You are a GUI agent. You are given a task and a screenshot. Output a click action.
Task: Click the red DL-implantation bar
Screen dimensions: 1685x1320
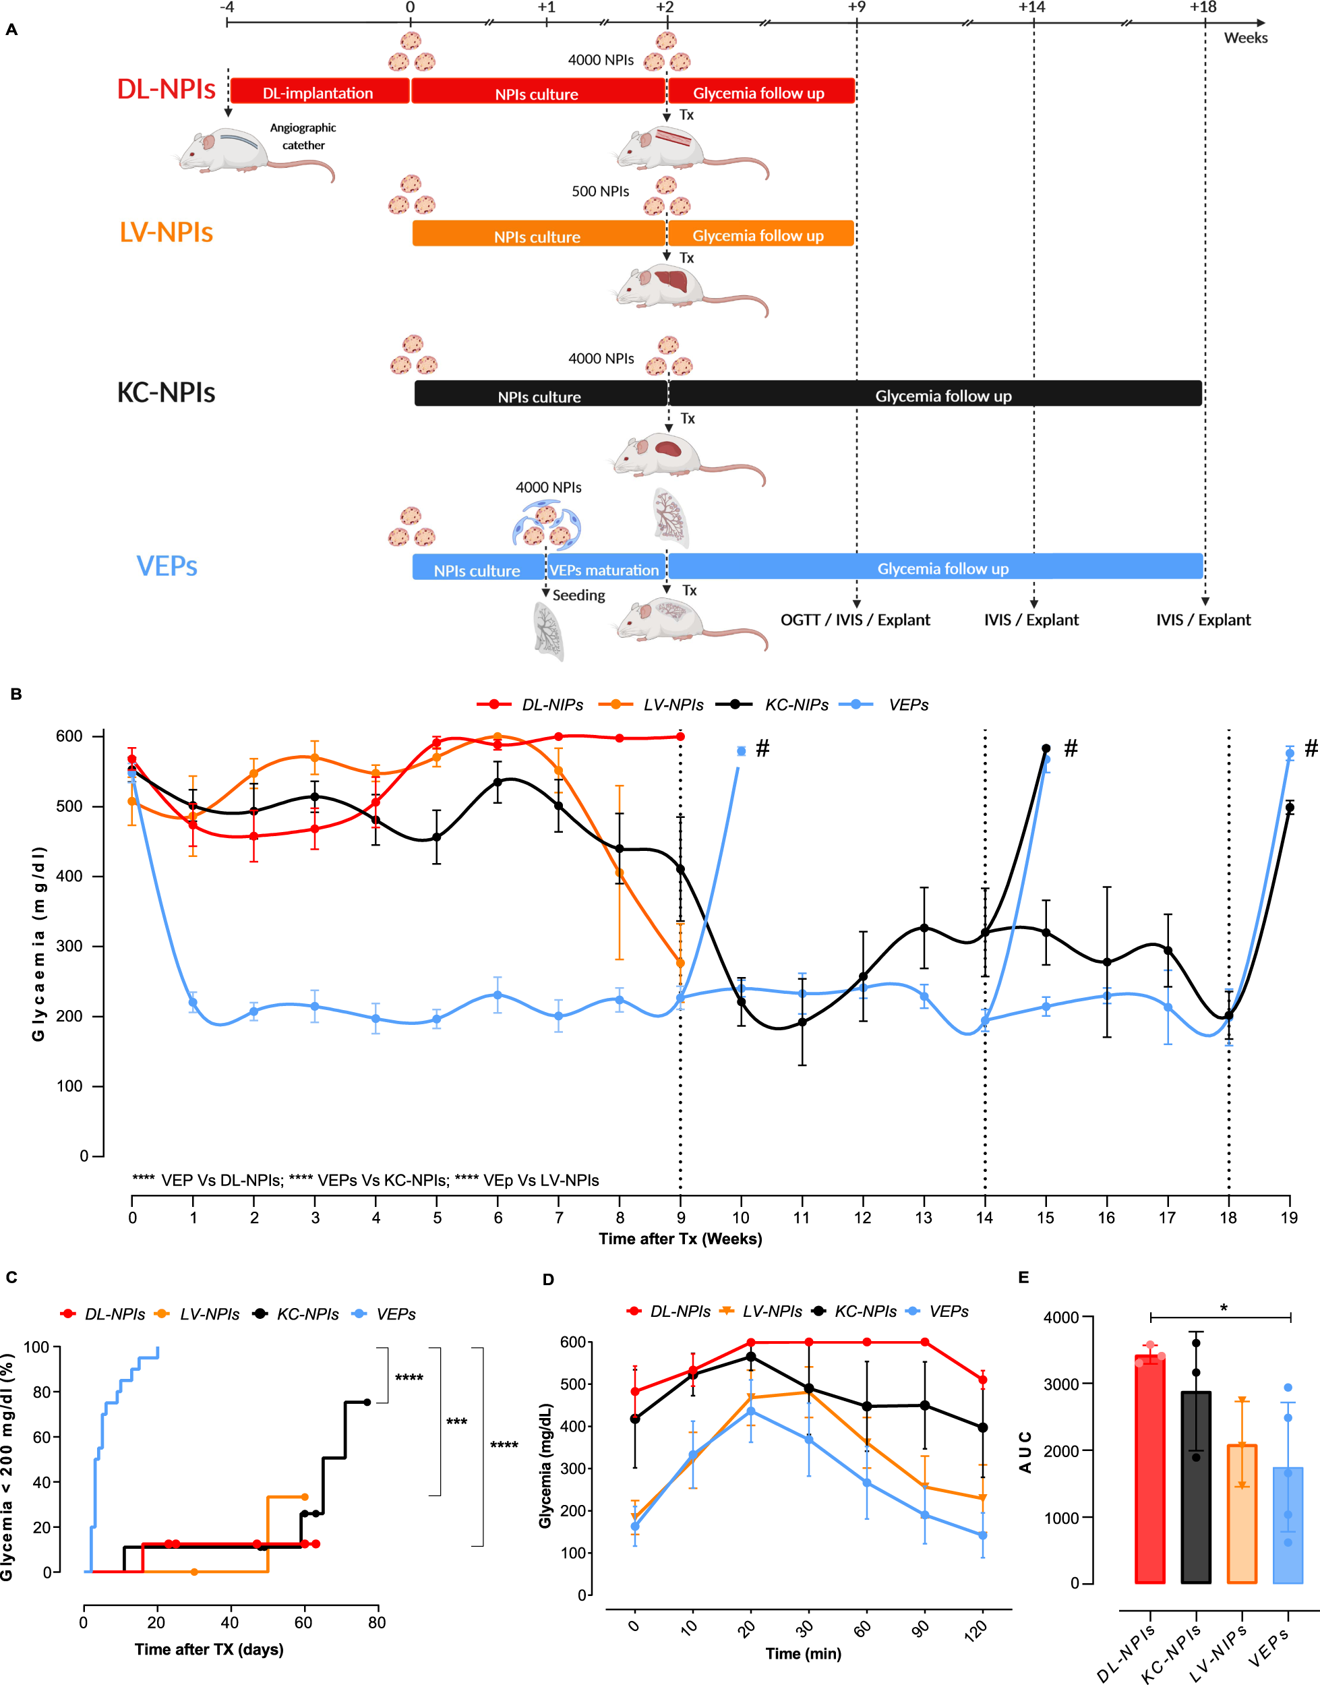point(318,91)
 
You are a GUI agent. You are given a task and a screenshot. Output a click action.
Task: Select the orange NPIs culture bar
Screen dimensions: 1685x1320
point(538,234)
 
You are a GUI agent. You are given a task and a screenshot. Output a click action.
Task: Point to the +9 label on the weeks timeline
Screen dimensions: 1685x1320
point(856,7)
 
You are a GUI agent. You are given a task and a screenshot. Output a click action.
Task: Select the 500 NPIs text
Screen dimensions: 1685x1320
point(600,191)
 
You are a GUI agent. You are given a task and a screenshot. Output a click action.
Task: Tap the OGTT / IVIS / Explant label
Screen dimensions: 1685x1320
point(855,620)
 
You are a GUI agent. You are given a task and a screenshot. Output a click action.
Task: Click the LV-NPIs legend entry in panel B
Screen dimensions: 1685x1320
point(672,705)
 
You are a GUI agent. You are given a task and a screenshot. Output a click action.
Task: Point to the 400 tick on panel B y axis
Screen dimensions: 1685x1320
point(68,876)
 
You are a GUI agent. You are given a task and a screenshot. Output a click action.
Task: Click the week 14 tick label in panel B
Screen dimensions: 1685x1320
point(984,1218)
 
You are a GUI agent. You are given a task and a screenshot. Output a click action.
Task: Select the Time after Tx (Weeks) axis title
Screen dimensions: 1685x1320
point(680,1239)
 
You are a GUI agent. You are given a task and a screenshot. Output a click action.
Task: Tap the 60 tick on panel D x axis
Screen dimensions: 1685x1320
point(862,1628)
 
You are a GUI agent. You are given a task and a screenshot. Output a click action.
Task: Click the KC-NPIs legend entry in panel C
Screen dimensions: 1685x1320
point(307,1314)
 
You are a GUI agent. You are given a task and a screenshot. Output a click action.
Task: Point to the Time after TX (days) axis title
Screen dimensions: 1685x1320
point(209,1649)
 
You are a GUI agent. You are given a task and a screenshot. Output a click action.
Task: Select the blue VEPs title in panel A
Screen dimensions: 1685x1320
point(167,566)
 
